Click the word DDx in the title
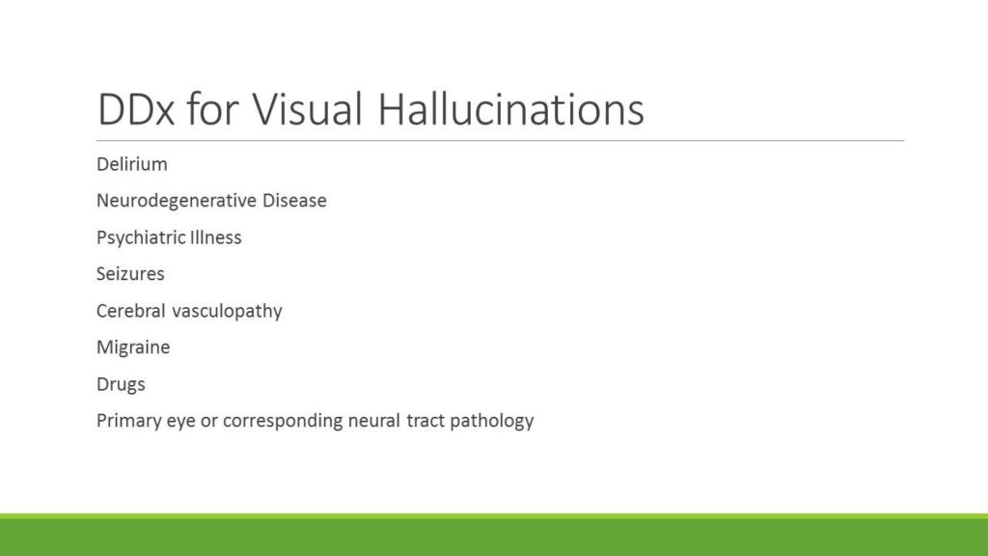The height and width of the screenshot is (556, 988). click(135, 110)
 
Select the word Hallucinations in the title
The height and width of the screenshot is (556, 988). click(511, 110)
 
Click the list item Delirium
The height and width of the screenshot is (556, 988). click(131, 164)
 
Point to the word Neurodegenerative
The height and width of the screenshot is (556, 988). click(177, 201)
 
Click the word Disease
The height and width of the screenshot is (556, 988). click(294, 201)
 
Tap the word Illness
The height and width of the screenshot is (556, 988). click(215, 237)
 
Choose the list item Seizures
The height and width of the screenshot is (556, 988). click(130, 274)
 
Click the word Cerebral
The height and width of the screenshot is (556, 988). click(131, 311)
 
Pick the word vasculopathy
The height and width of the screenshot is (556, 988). click(227, 312)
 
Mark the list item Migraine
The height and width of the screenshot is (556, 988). click(133, 347)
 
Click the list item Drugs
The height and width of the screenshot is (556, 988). click(121, 384)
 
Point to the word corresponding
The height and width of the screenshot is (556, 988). click(283, 421)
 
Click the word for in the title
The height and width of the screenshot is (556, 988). click(212, 108)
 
